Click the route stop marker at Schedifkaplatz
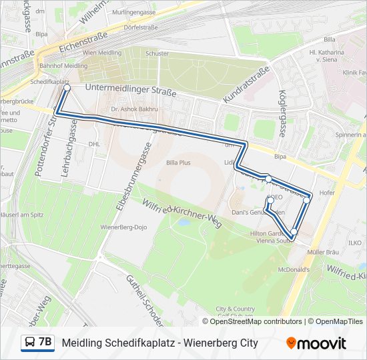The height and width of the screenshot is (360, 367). (67, 87)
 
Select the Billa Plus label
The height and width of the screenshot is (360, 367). (178, 162)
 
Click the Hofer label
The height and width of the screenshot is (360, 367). (327, 193)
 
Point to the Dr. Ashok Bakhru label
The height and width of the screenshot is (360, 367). (134, 108)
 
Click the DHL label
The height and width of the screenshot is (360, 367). (94, 143)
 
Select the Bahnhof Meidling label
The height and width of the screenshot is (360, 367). (64, 65)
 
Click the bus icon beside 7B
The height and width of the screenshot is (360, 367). (29, 343)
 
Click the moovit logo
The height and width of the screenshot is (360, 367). (316, 343)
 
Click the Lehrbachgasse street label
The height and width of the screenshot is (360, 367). (73, 137)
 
